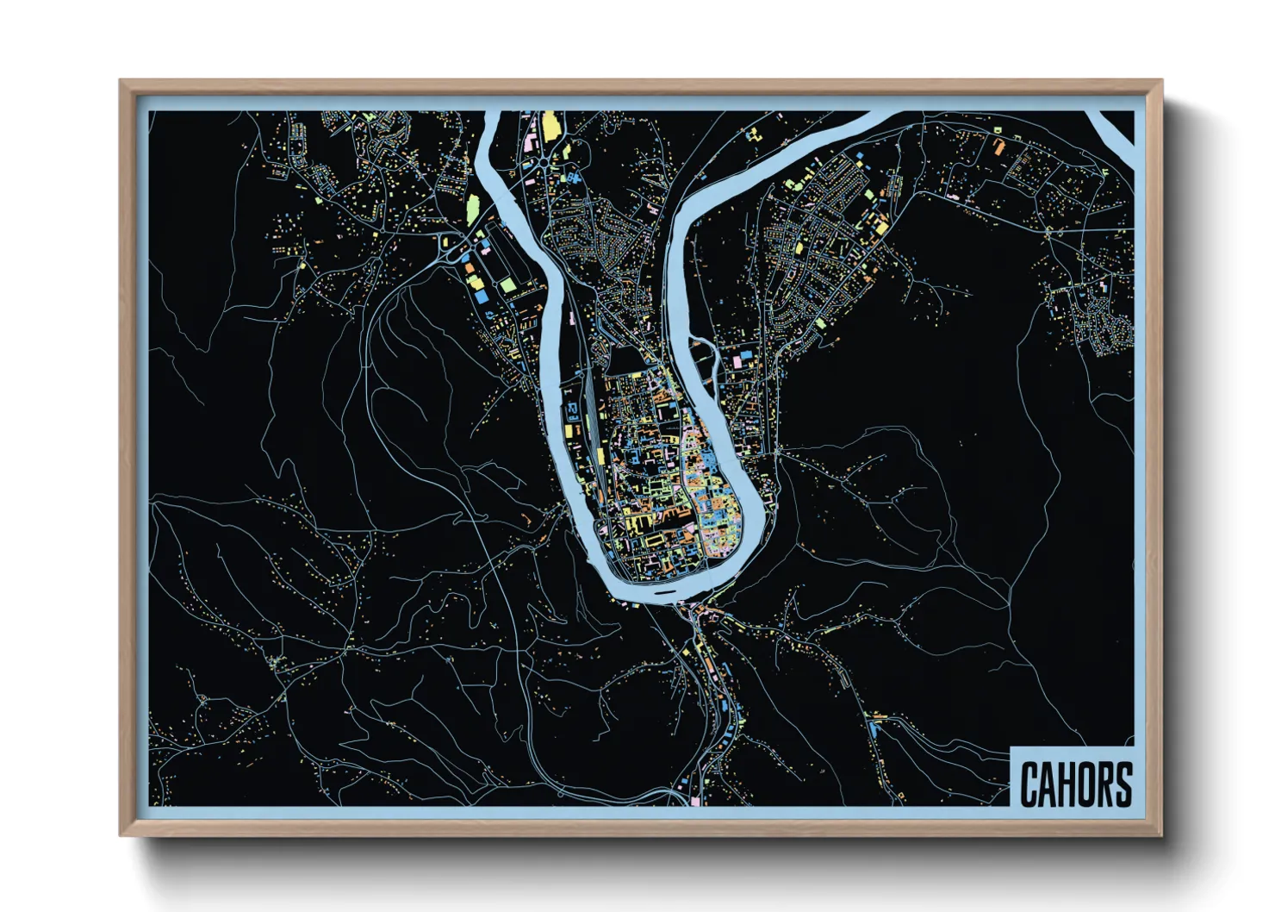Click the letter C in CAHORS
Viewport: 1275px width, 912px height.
pyautogui.click(x=1029, y=784)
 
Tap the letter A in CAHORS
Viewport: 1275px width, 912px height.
pyautogui.click(x=1048, y=784)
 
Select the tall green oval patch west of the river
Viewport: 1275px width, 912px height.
pyautogui.click(x=471, y=207)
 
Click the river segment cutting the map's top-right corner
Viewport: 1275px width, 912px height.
pyautogui.click(x=1117, y=128)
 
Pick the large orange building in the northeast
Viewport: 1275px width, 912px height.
pyautogui.click(x=998, y=146)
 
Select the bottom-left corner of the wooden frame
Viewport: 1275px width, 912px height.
pyautogui.click(x=122, y=834)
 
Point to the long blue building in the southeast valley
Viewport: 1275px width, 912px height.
pyautogui.click(x=874, y=728)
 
